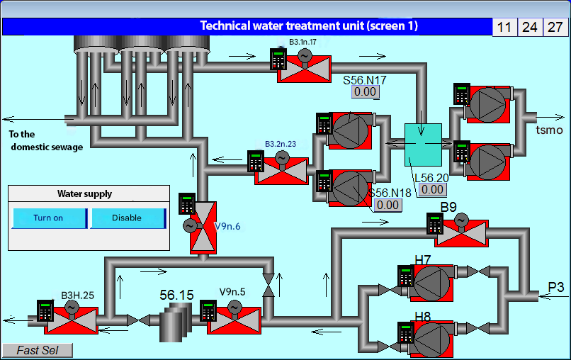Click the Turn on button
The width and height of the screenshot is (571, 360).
pos(49,218)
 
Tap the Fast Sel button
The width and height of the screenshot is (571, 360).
pos(37,350)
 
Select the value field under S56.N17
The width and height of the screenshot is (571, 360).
pos(366,91)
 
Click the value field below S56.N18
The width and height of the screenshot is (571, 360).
pos(388,205)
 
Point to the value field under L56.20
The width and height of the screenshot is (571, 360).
pos(432,189)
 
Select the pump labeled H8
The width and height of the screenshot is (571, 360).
pos(431,338)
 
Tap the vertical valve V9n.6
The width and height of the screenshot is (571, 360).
pos(203,227)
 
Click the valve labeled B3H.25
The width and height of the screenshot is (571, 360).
pos(71,321)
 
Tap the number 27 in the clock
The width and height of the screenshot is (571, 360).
pos(555,27)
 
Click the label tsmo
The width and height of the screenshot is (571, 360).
pos(549,130)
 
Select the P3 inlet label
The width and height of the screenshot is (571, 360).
pos(555,287)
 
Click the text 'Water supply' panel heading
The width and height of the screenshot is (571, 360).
pos(84,193)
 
